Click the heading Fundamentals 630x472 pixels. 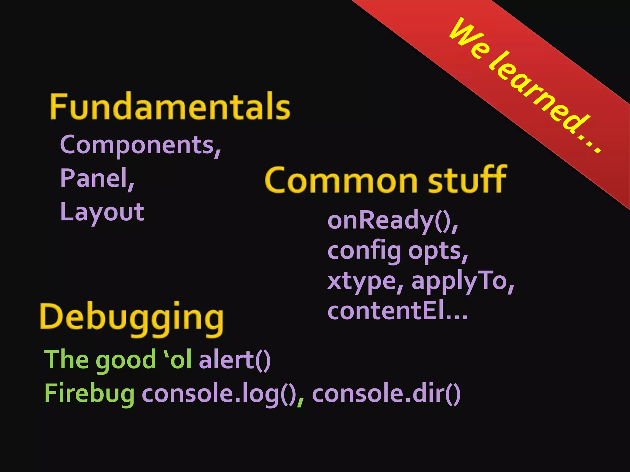pos(170,106)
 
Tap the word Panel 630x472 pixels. pos(94,178)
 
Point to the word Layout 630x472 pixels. pos(102,212)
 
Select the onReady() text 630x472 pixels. pos(389,221)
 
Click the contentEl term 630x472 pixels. pos(386,311)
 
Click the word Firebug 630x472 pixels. pos(90,394)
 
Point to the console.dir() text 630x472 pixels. pos(386,394)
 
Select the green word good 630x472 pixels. pos(126,360)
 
